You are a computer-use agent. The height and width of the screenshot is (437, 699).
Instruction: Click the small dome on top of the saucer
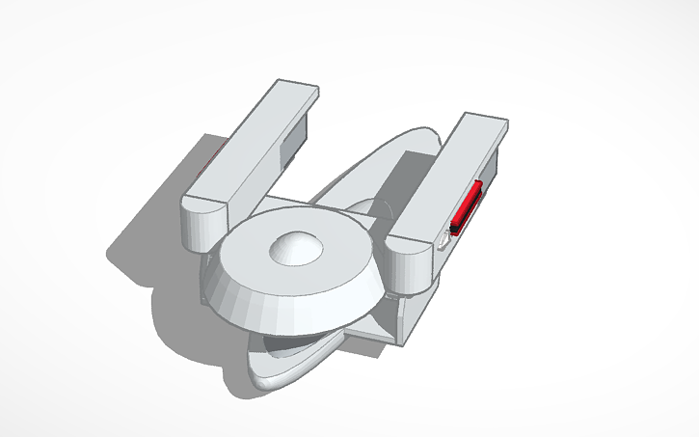pyautogui.click(x=295, y=248)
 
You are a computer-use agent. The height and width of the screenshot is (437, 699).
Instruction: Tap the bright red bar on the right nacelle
pyautogui.click(x=468, y=206)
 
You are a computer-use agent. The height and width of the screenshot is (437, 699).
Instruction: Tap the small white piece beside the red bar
pyautogui.click(x=443, y=237)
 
